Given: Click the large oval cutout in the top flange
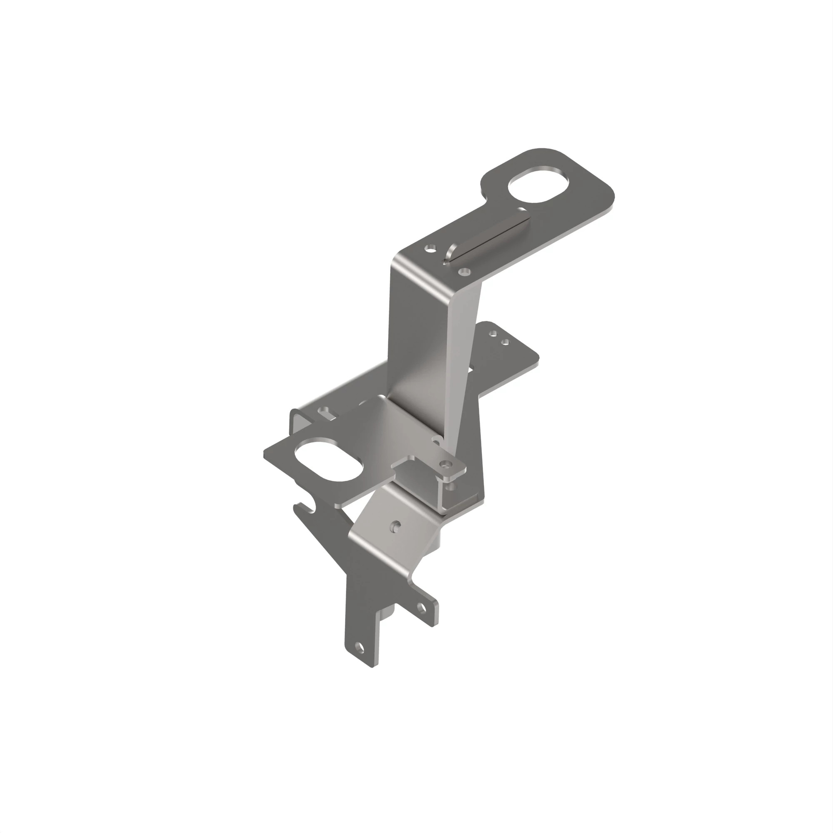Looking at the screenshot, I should tap(538, 184).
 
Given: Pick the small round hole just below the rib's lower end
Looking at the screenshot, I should tap(464, 272).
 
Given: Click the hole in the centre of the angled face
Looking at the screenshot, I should tap(396, 526).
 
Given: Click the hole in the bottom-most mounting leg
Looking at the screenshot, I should tap(359, 647).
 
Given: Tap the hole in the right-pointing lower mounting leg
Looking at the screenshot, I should tap(421, 609).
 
